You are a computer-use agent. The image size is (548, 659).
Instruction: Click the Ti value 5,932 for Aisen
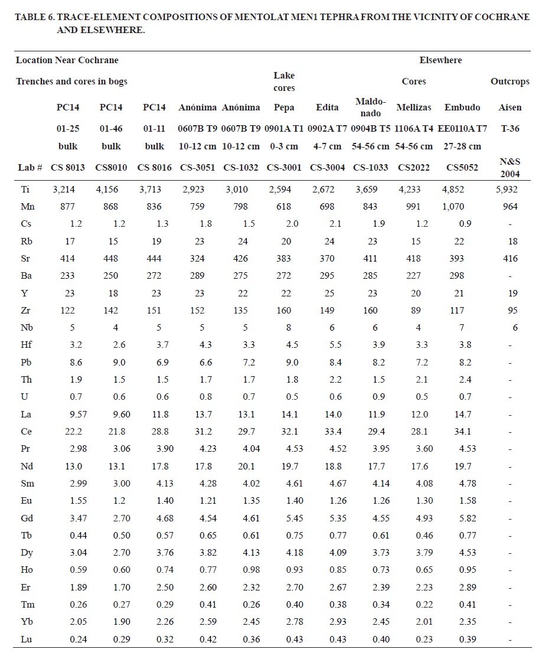[x=506, y=190]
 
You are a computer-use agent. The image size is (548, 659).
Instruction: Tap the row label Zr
[x=27, y=310]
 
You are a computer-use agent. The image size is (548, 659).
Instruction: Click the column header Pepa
[x=284, y=107]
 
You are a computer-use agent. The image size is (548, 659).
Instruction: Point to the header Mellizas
[x=413, y=107]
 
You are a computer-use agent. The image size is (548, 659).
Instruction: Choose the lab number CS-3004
[x=327, y=167]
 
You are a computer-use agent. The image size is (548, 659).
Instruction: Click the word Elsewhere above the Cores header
[x=441, y=60]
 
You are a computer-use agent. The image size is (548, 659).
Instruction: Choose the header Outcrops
[x=510, y=81]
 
